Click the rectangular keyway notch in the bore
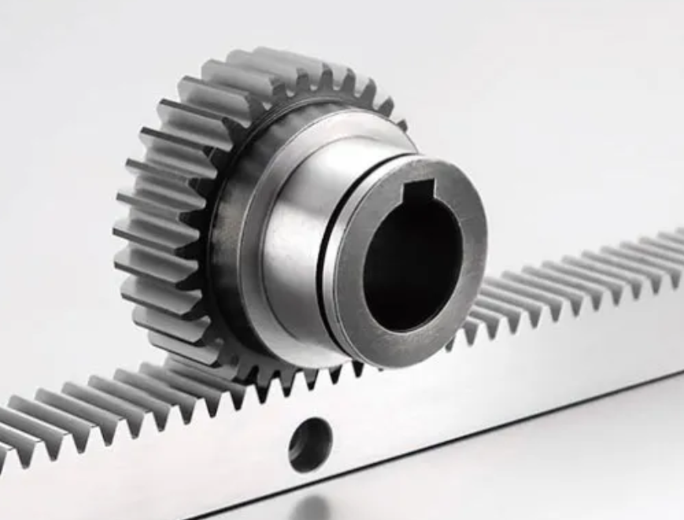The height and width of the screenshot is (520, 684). [418, 191]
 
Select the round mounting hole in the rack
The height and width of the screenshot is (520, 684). [310, 444]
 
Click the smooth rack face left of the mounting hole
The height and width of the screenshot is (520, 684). [157, 464]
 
